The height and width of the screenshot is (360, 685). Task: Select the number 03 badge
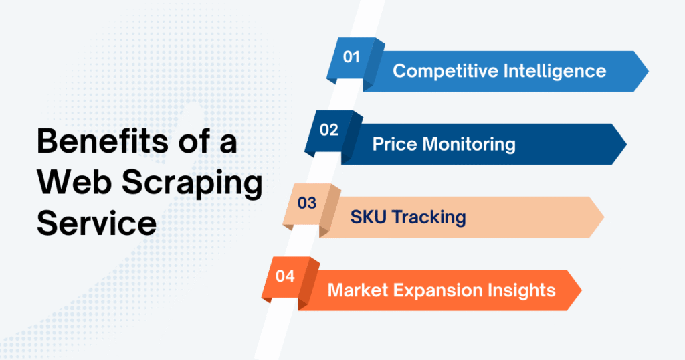coord(307,203)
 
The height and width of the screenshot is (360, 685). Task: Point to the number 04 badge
coord(285,276)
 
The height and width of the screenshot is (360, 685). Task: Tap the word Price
coord(394,144)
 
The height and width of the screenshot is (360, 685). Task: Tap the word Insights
coord(526,290)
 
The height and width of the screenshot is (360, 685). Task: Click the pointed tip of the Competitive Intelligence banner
coord(646,71)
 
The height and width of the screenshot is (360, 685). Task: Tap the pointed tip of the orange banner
coord(579,290)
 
